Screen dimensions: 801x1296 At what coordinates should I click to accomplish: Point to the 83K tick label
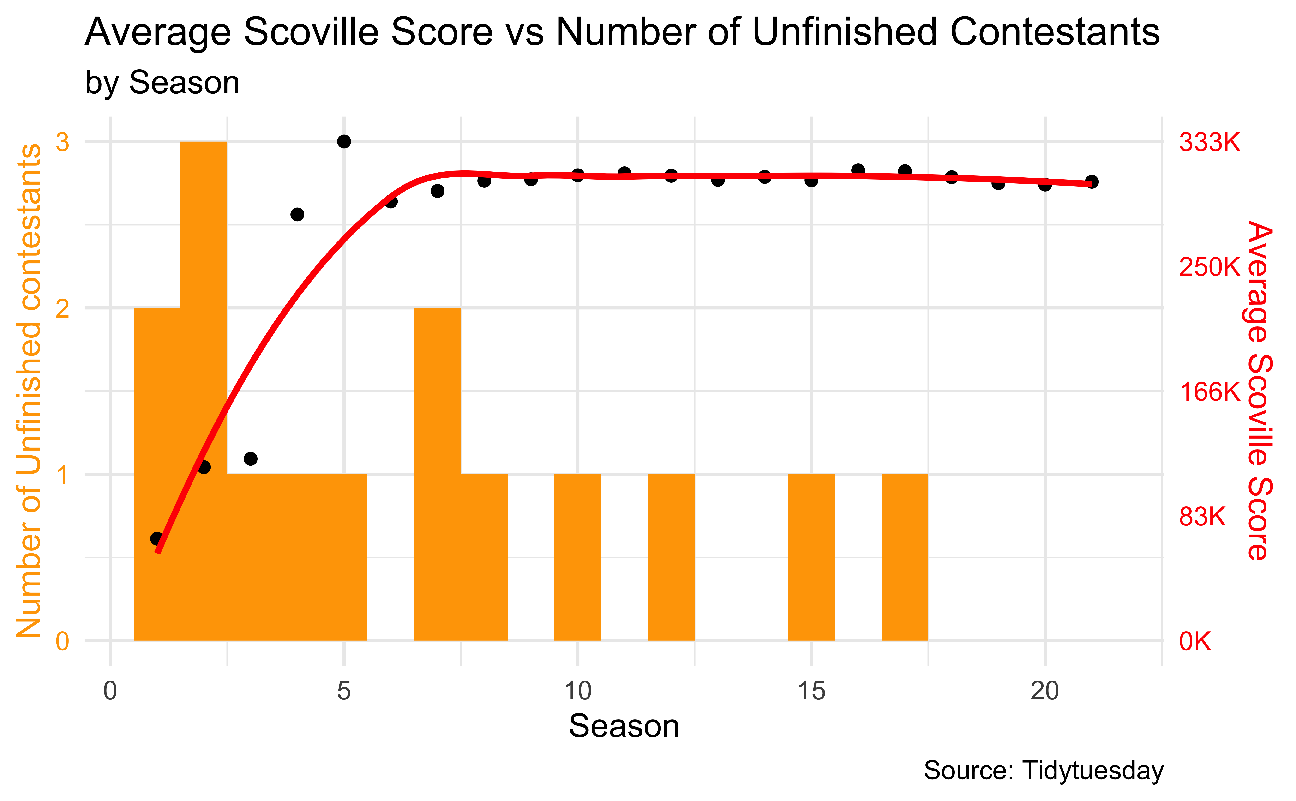point(1202,517)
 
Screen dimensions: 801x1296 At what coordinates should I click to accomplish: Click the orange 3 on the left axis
point(62,142)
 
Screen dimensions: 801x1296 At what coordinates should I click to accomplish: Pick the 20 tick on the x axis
point(1044,691)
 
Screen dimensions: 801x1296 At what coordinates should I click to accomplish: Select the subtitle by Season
point(162,83)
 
